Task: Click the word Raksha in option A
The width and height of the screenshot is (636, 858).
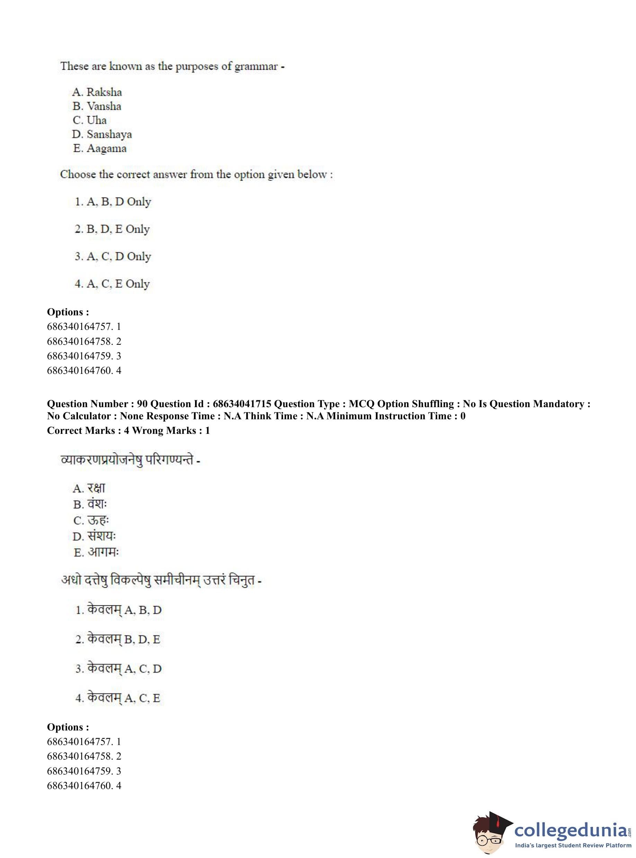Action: coord(104,92)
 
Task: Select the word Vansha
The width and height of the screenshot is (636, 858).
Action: coord(104,106)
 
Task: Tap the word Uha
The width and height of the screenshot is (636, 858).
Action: coord(96,120)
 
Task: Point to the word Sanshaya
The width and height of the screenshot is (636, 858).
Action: coord(109,134)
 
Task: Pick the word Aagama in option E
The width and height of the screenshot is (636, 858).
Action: coord(106,148)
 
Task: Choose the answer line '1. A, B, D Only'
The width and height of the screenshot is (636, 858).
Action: coord(113,201)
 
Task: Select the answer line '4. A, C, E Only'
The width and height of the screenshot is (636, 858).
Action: coord(112,284)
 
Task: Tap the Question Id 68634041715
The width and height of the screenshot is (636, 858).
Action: coord(242,404)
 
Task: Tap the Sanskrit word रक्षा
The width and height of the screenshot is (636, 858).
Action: coord(96,488)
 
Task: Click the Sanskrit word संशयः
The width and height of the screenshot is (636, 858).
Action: coord(101,536)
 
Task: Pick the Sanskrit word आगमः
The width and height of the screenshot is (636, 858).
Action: coord(103,552)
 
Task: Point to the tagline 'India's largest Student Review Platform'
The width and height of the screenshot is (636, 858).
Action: coord(573,845)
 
